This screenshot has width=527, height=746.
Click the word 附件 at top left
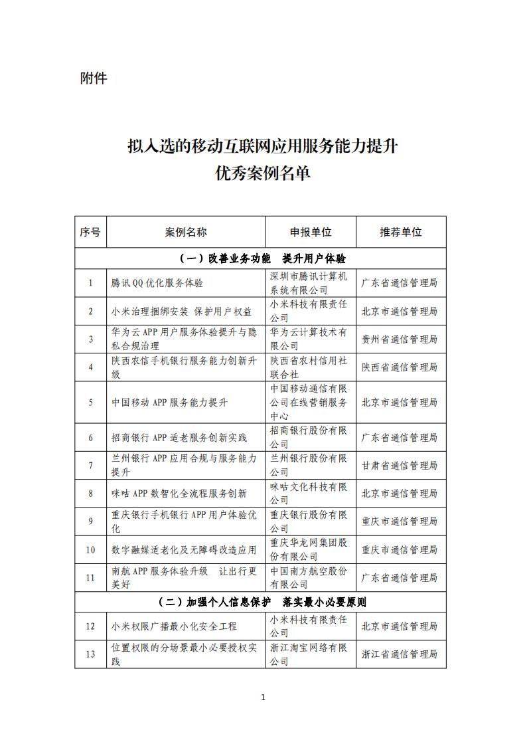tap(94, 78)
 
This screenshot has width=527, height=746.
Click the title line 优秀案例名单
tap(263, 173)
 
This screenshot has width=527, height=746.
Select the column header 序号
tap(90, 232)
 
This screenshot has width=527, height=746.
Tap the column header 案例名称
tap(186, 232)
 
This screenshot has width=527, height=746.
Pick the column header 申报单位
tap(310, 232)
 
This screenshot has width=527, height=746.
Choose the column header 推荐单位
tap(400, 232)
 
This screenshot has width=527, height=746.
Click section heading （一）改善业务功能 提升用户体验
tap(263, 258)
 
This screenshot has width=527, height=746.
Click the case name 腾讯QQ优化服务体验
tap(157, 283)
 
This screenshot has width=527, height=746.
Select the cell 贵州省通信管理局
tap(400, 339)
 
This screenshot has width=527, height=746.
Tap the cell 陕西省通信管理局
tap(400, 367)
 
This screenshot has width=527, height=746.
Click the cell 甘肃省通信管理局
tap(400, 466)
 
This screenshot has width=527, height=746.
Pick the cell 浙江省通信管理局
tap(400, 654)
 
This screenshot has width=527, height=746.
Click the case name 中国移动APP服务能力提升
tap(169, 403)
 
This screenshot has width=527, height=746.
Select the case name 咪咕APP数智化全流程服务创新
tap(179, 494)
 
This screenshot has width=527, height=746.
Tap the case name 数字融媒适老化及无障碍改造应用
tap(184, 550)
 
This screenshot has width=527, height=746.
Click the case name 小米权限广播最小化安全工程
tap(174, 626)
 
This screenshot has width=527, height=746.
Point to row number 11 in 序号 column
tap(90, 578)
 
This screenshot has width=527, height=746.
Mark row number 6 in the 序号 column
tap(90, 438)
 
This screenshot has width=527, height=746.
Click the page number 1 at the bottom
tap(263, 698)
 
